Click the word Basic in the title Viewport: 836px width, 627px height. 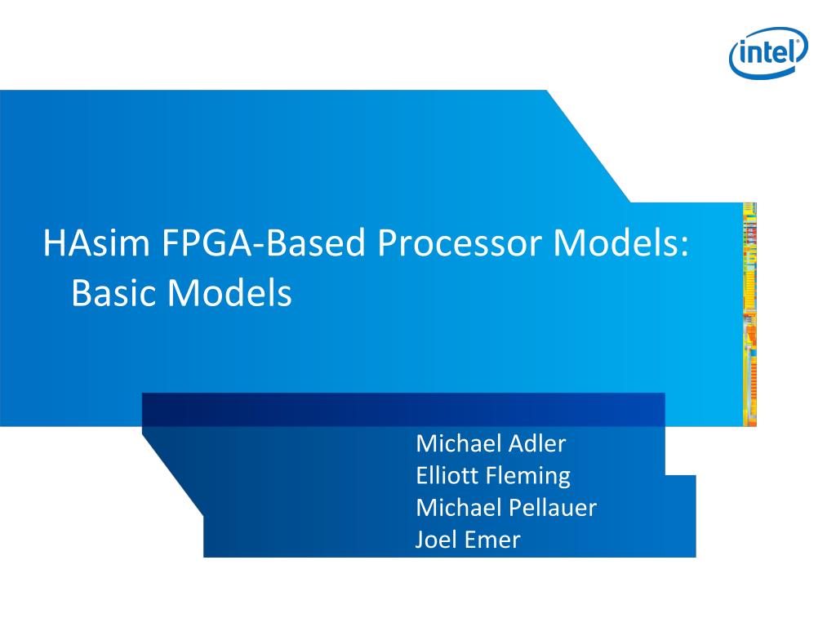[x=113, y=292]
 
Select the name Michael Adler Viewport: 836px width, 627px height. [x=490, y=444]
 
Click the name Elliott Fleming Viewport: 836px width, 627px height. [x=492, y=476]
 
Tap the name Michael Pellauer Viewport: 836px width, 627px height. [x=506, y=508]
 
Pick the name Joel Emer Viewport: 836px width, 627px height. [x=467, y=540]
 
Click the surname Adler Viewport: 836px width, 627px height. [x=536, y=444]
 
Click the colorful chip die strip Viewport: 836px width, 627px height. [x=749, y=314]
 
